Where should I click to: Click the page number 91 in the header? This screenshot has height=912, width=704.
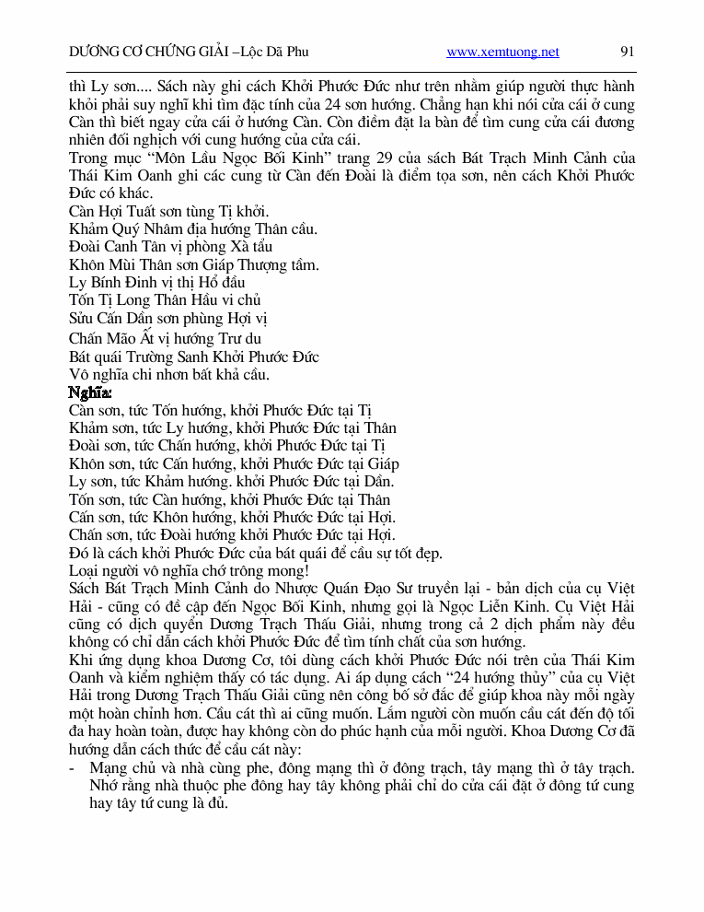coord(628,53)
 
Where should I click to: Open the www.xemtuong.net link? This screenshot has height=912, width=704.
coord(502,53)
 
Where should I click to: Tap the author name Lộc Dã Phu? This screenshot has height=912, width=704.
coord(274,53)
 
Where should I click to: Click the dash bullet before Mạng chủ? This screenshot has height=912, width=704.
coord(73,767)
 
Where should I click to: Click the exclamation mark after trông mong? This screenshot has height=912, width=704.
coord(307,570)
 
